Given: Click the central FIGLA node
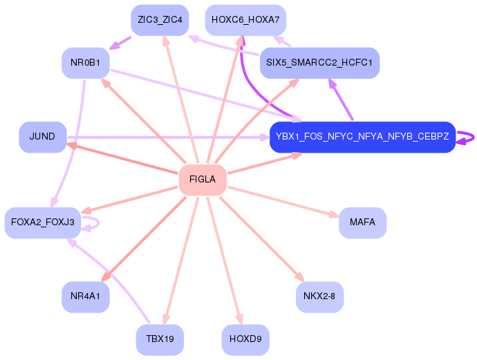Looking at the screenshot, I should tap(203, 180).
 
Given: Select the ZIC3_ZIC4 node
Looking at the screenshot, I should tap(160, 20).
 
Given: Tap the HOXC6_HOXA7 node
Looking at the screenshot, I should tap(245, 20).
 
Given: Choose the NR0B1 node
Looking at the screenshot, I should tap(85, 63).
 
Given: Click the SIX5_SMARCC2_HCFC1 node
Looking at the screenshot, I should tap(319, 63).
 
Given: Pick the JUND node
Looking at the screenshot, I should tap(42, 137).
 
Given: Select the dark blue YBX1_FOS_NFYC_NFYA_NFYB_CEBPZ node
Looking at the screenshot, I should tap(362, 137).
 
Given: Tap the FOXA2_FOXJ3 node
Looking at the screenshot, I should tap(42, 222).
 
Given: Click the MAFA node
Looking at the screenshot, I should tap(362, 222).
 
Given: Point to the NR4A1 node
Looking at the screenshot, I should tap(85, 297).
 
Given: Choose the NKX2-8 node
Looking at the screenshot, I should tap(319, 297).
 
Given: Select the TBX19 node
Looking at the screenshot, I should tap(160, 339).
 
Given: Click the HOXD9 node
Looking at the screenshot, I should tap(245, 339).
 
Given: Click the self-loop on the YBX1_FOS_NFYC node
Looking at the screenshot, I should tap(470, 137).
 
